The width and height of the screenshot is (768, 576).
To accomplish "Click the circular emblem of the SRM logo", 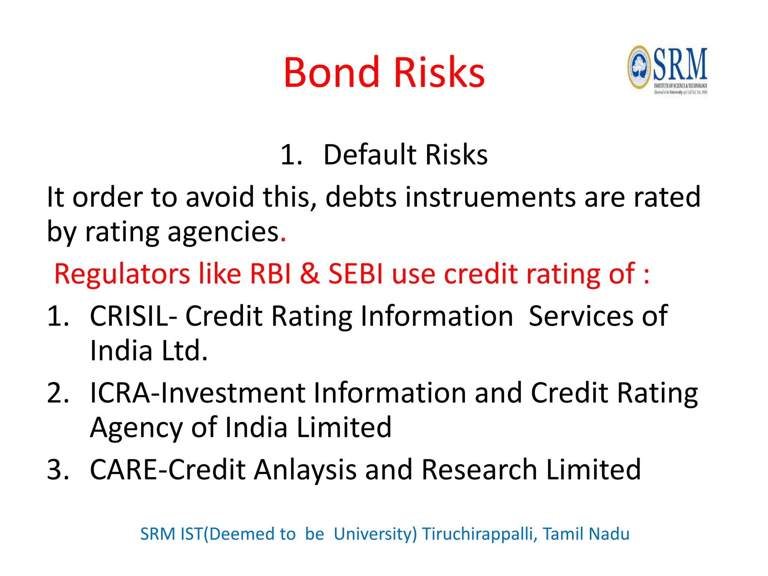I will point(639,67).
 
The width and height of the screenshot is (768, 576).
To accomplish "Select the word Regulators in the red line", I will point(122,274).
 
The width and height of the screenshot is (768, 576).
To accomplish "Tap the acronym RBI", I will point(270,274).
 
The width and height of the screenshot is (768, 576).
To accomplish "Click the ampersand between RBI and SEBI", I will point(310,274).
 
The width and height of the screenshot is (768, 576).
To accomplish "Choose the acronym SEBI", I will point(356,274).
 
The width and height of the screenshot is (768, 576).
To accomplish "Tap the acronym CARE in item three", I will point(124,469).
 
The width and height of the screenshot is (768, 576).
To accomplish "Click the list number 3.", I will point(57,469).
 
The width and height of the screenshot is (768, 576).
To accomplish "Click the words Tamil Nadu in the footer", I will point(586,534).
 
